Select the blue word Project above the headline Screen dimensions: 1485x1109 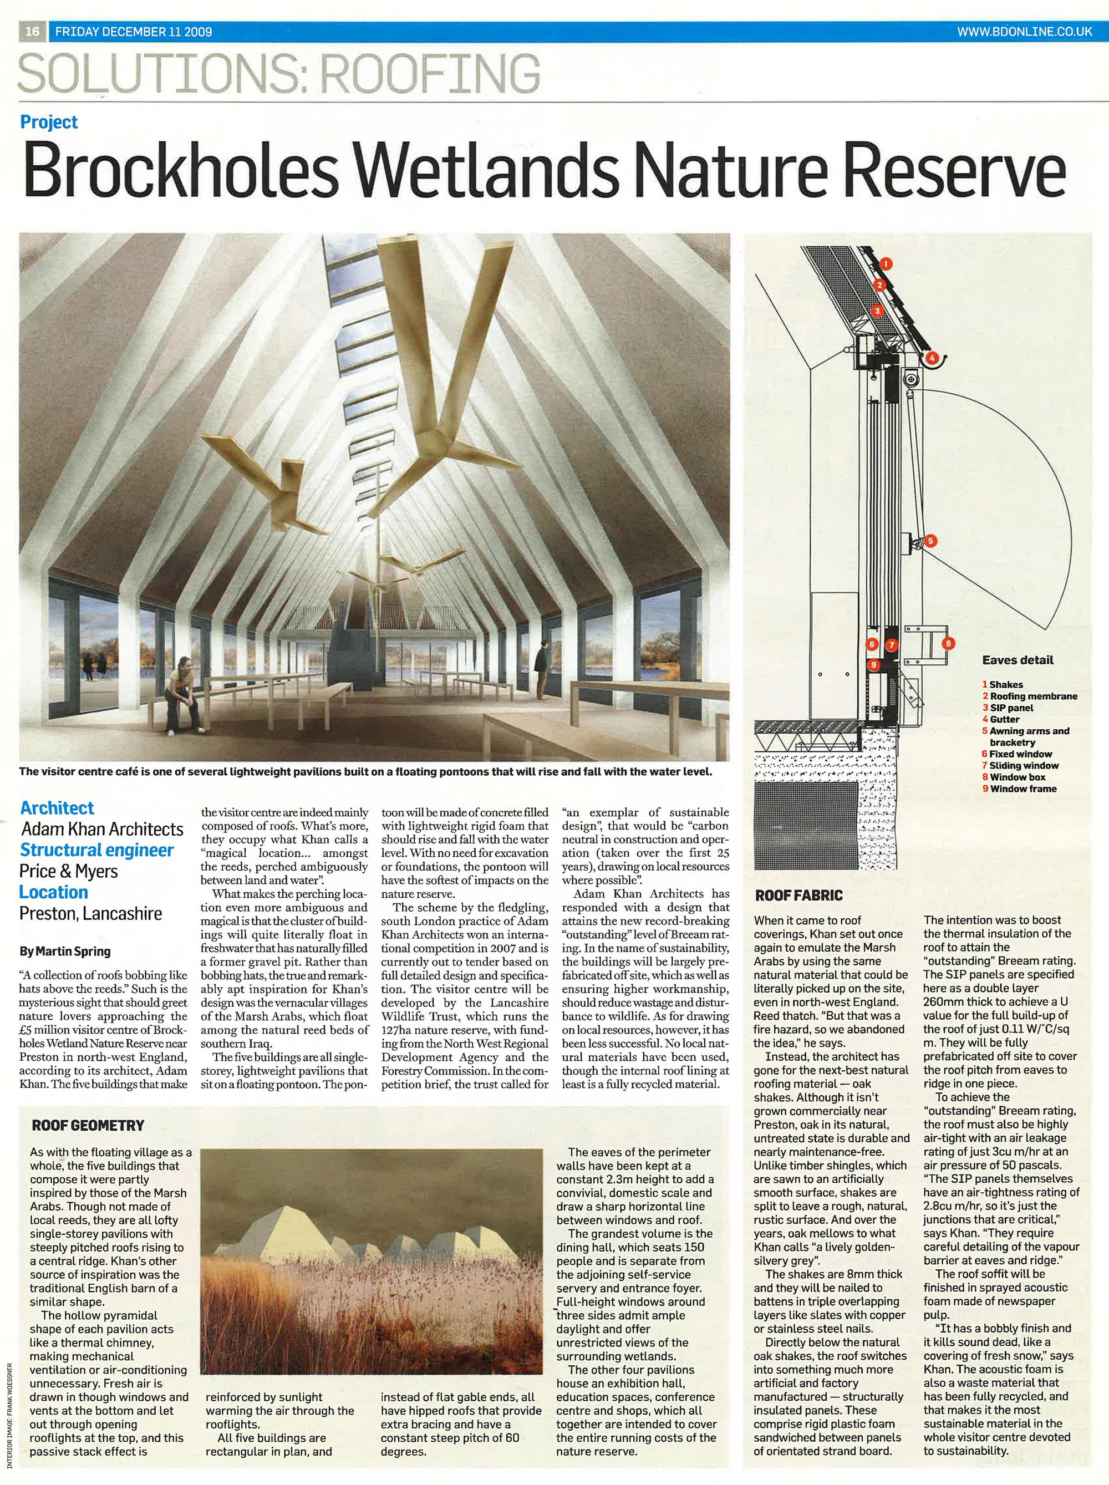[49, 122]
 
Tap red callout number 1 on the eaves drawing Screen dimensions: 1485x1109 [886, 265]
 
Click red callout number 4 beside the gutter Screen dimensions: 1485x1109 [933, 358]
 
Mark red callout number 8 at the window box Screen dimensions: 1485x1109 [948, 644]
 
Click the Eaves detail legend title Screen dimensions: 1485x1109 [1018, 660]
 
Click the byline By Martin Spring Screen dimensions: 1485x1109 [65, 952]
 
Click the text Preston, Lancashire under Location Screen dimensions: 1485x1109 [90, 914]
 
